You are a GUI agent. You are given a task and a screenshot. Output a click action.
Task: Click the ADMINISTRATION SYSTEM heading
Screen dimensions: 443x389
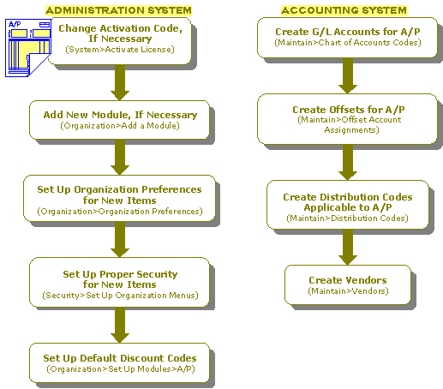118,10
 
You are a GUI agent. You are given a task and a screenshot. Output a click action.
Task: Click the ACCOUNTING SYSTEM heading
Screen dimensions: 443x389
344,10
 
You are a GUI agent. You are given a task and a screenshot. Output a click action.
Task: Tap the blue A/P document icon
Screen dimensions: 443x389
28,48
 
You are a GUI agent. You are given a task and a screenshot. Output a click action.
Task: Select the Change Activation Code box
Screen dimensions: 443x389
120,41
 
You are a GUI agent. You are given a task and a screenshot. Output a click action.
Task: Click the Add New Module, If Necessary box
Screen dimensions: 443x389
120,120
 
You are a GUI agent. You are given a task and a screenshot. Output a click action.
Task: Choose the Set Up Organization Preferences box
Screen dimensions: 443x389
119,199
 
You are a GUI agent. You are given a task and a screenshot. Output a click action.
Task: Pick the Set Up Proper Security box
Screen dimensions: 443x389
120,283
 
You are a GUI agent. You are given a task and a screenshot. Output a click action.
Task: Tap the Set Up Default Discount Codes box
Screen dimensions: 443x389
120,362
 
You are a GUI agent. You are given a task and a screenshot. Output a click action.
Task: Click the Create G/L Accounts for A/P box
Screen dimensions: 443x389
348,38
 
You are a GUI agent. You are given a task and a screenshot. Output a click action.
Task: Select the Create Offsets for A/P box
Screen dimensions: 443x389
348,119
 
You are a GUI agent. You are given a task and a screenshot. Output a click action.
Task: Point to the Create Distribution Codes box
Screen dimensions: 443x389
348,205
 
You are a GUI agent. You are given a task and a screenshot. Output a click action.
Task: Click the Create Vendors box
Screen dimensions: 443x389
348,284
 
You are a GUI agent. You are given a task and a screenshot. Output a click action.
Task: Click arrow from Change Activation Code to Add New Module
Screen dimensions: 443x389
120,82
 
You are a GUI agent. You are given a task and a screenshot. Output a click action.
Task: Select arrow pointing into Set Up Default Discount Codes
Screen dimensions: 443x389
120,326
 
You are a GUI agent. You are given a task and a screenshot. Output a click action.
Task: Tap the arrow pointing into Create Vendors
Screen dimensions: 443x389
348,247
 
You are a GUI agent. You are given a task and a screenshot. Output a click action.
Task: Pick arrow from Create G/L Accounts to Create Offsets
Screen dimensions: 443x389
348,76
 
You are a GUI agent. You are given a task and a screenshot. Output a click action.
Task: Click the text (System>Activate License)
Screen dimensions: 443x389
120,50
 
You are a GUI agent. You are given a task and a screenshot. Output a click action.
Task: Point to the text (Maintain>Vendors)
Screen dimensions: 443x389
348,291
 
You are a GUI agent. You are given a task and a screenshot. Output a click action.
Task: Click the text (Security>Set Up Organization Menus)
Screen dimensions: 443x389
120,295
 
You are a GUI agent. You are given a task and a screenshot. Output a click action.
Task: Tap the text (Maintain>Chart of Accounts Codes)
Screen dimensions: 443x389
348,43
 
